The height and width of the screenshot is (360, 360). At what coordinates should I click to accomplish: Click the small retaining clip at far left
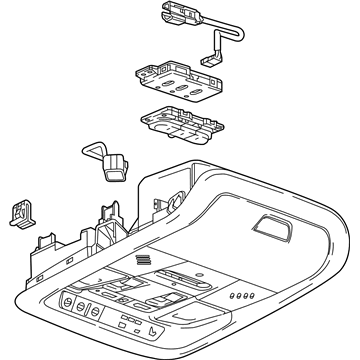click(x=19, y=211)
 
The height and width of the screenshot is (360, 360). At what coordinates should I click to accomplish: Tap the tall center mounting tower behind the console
click(x=106, y=219)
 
